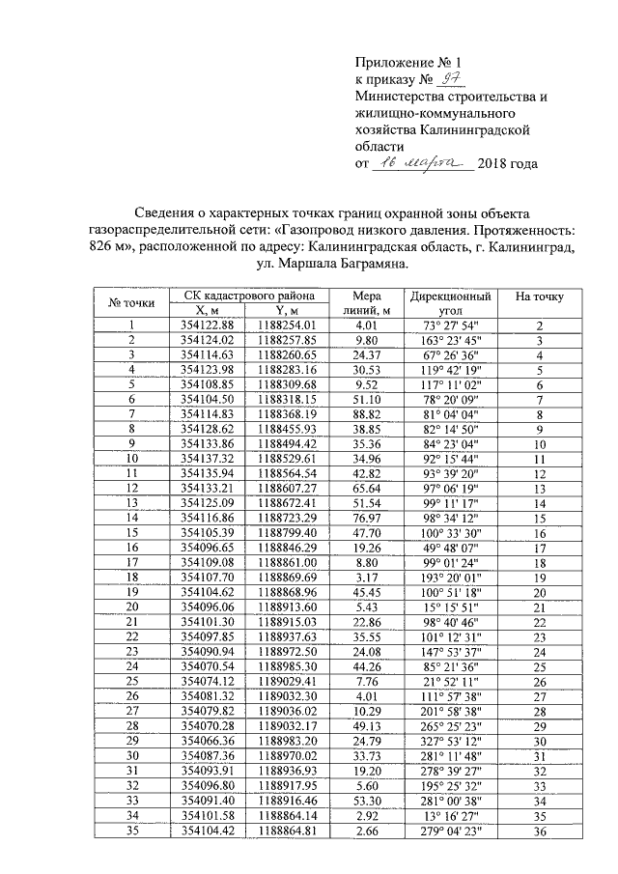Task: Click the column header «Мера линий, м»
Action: (366, 303)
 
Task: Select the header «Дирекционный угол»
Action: (450, 303)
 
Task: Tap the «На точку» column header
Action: (540, 296)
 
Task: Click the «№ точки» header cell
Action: (129, 303)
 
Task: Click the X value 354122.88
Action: (208, 326)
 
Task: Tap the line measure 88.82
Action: (366, 413)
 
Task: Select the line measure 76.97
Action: (366, 517)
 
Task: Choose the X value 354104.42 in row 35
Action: (208, 828)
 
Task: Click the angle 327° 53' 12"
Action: (450, 739)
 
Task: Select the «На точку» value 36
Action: (540, 828)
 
